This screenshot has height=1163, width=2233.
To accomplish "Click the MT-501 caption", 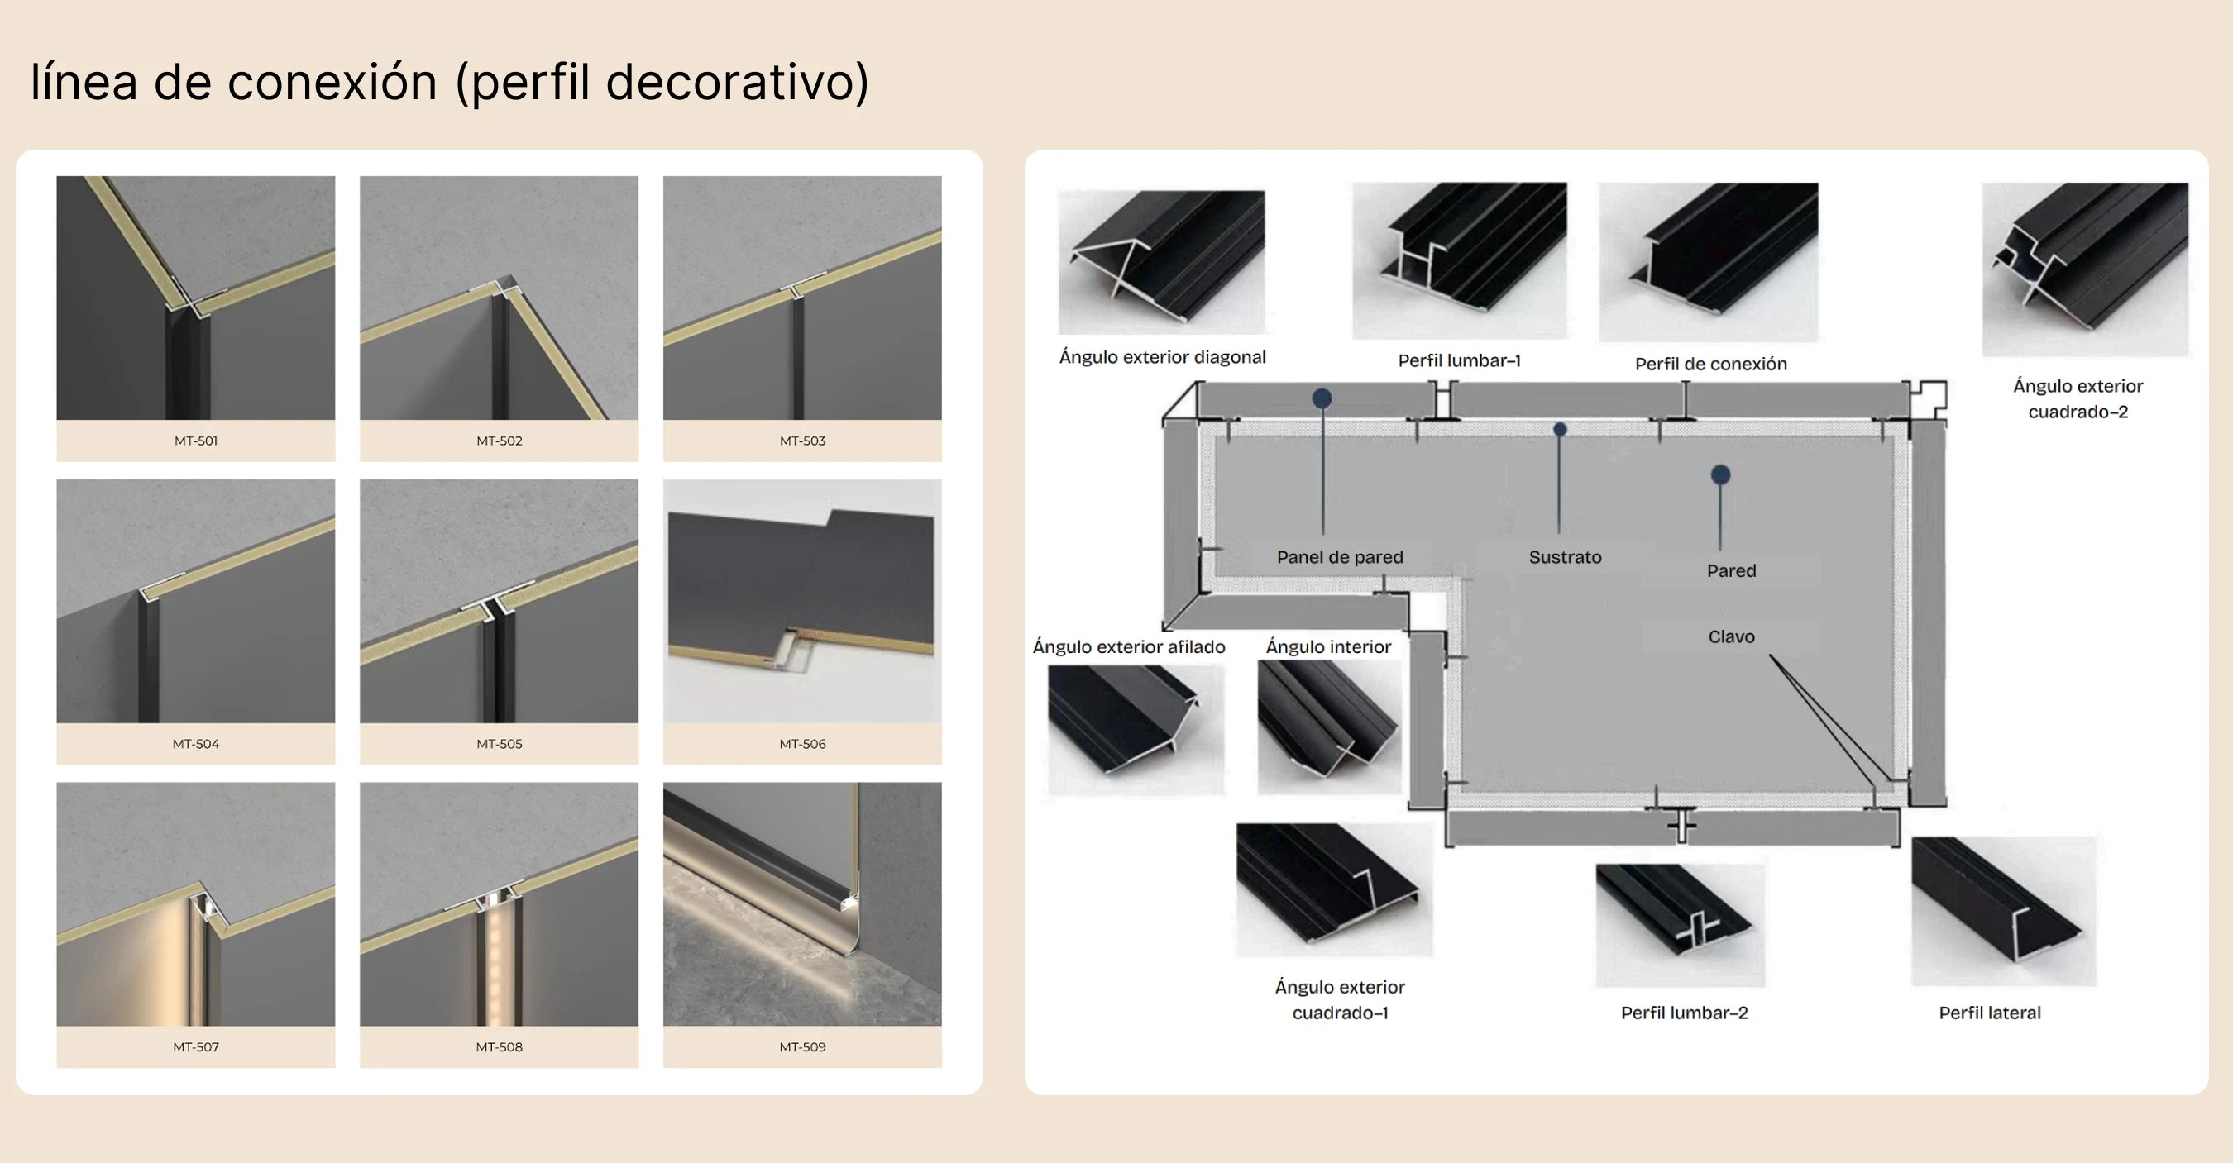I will (196, 441).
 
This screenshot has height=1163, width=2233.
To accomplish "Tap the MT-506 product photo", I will (802, 602).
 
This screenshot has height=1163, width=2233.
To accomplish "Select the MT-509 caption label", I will (802, 1047).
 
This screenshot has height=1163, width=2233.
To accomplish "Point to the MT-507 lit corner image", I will (196, 904).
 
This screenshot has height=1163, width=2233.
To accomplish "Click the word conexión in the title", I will (332, 83).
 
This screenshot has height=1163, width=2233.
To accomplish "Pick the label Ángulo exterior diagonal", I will (1162, 357).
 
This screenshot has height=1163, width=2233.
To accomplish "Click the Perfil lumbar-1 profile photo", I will (1459, 260).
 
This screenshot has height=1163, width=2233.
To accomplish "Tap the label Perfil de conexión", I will (1710, 364).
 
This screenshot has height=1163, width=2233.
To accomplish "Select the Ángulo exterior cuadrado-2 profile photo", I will (2085, 269).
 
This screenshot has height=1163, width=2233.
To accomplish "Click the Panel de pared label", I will (1339, 557).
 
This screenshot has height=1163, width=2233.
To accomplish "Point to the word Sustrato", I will (1565, 557).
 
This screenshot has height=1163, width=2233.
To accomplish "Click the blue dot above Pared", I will (1721, 474).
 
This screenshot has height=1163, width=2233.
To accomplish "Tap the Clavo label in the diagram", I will (1731, 637).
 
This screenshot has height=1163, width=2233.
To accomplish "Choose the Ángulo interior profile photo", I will (1329, 727).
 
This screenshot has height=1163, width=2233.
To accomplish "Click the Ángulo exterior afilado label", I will (1129, 646).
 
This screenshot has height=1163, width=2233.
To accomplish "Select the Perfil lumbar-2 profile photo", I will (1680, 925).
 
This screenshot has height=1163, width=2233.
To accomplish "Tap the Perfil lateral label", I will (1989, 1013).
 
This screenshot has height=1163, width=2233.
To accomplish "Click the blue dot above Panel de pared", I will (1322, 398).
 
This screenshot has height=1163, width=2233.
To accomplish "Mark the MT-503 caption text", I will (802, 441).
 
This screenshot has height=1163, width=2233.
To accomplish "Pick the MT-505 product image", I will (500, 602).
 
